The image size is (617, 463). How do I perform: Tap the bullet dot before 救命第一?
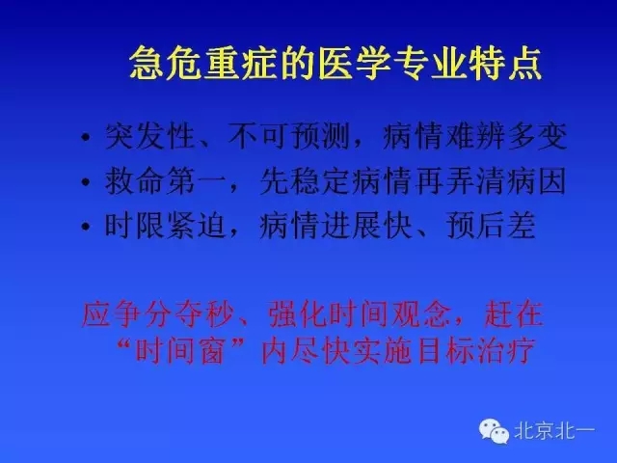pos(90,182)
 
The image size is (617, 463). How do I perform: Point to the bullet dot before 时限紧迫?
pos(90,227)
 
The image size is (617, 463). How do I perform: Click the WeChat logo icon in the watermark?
pos(495,430)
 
